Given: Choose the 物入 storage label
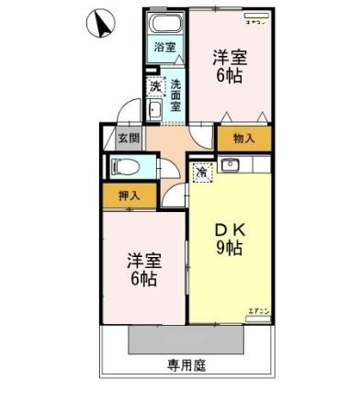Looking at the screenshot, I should coord(243,139).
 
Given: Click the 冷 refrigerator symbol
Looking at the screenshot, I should coord(200,171).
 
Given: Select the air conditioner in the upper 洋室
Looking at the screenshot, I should coord(256,19).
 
